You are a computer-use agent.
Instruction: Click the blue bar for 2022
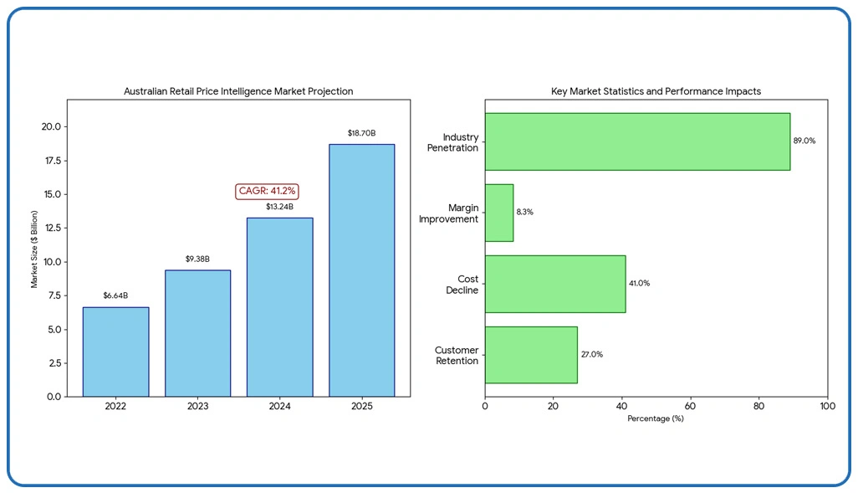[x=115, y=352]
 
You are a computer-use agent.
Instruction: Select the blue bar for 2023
[x=197, y=333]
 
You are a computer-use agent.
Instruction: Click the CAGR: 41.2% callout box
[x=268, y=192]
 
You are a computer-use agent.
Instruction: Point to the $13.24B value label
[x=279, y=207]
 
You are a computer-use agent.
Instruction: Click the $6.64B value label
[x=115, y=295]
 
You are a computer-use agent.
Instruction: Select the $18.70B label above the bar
[x=361, y=133]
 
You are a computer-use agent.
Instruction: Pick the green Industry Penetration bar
[x=637, y=141]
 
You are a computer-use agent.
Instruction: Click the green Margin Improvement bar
[x=499, y=213]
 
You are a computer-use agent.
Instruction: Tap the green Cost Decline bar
[x=555, y=284]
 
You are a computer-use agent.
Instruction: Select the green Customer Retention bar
[x=531, y=355]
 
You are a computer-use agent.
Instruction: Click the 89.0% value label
[x=804, y=141]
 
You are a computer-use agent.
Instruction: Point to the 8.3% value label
[x=524, y=213]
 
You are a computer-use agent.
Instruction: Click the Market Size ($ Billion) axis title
[x=35, y=249]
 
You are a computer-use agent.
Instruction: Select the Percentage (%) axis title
[x=656, y=419]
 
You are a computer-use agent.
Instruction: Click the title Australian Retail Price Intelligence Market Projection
[x=238, y=91]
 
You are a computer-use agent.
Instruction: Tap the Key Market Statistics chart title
[x=656, y=91]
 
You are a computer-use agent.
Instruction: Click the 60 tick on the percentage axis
[x=690, y=406]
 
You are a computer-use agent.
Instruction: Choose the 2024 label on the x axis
[x=279, y=406]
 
